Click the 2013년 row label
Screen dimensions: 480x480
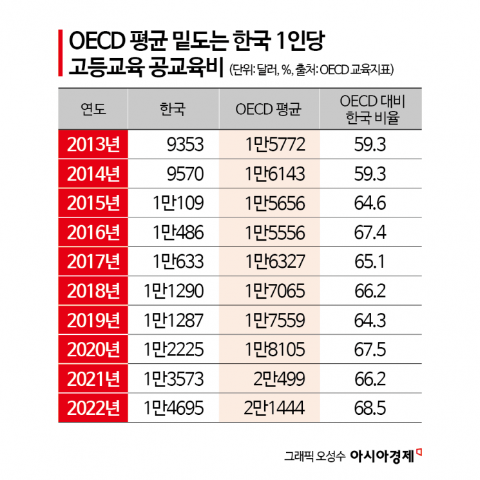click(x=93, y=144)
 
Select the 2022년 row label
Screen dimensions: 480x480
click(x=93, y=407)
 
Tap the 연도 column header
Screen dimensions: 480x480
click(x=93, y=108)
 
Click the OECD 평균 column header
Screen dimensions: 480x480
click(x=269, y=108)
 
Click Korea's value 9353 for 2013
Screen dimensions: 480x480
click(x=185, y=144)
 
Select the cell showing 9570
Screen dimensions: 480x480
click(x=185, y=173)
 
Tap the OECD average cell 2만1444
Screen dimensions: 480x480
click(x=274, y=407)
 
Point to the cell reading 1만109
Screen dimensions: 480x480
click(x=178, y=203)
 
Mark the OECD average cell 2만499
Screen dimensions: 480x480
click(x=278, y=378)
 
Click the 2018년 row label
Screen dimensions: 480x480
click(x=93, y=290)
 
